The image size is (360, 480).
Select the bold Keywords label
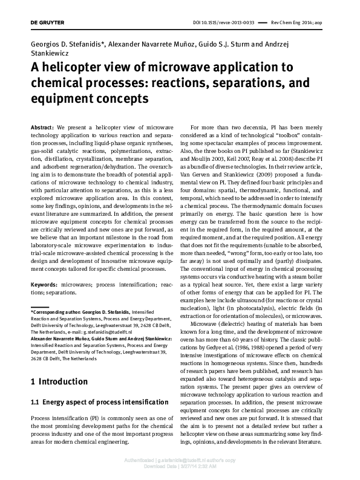(x=44, y=284)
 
